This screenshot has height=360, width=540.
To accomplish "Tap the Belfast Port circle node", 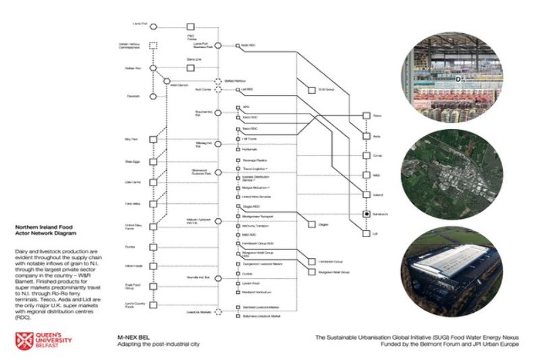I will [153, 68].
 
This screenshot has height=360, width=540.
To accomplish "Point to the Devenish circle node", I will [153, 96].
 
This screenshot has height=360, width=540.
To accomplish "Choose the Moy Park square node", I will [153, 140].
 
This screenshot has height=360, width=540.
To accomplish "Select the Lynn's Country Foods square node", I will [153, 305].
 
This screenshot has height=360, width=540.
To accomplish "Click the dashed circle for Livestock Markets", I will [217, 313].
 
